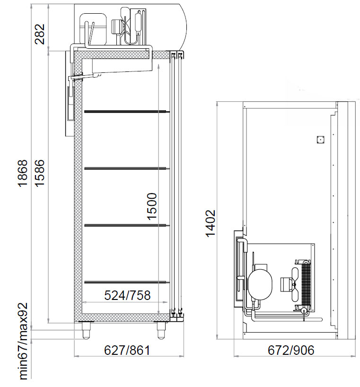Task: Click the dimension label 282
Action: click(40, 34)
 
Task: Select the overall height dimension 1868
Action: click(23, 173)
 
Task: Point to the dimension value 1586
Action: click(40, 173)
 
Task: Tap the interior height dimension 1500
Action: click(152, 206)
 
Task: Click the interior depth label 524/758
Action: click(127, 295)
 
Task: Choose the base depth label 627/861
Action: click(127, 350)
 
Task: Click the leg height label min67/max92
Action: click(24, 341)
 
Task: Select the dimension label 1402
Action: click(211, 223)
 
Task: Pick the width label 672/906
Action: click(291, 350)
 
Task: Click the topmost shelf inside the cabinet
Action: click(127, 112)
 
